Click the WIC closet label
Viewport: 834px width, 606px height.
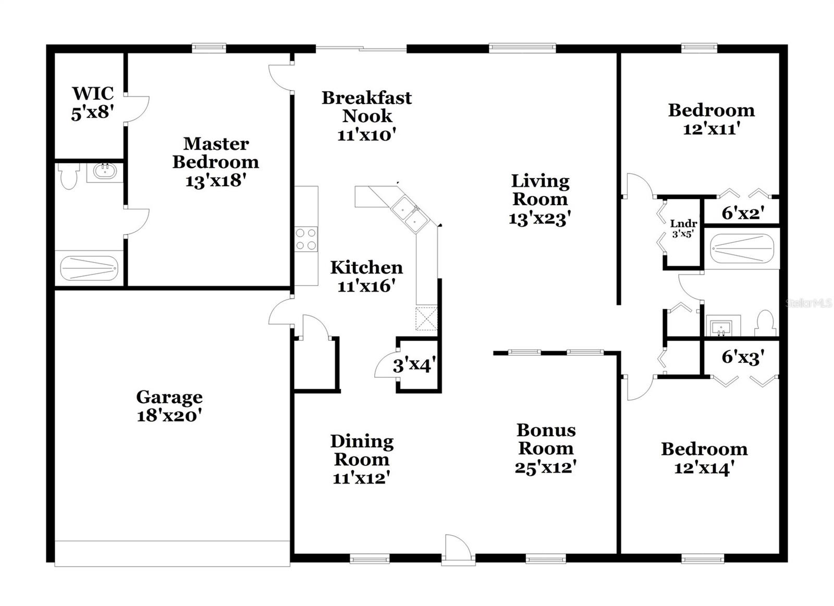tap(93, 93)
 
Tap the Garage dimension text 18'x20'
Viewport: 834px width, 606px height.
tap(169, 416)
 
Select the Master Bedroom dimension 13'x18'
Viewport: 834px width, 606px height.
tap(216, 181)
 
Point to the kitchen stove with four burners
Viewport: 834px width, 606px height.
tap(306, 239)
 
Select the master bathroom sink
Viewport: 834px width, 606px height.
tap(105, 171)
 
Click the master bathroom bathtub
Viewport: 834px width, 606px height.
tap(89, 268)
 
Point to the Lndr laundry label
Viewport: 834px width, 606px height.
tap(683, 224)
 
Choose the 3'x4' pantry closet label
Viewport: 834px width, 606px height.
tap(414, 365)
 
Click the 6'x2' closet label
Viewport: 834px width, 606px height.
tap(743, 213)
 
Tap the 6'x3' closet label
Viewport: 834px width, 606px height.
tap(743, 357)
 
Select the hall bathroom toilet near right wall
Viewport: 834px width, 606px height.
tap(765, 323)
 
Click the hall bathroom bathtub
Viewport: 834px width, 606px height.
tap(742, 248)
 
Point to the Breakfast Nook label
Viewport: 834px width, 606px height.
tap(367, 107)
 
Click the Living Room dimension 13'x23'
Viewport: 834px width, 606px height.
tap(540, 218)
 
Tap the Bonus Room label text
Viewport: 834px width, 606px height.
tap(546, 439)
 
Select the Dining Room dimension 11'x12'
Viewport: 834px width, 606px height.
tap(361, 478)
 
